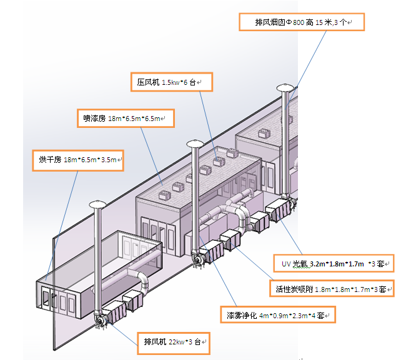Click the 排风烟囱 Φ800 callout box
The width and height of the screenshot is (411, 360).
302,22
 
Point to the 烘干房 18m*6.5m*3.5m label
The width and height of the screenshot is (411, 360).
78,160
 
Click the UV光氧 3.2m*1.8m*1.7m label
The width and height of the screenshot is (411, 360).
334,263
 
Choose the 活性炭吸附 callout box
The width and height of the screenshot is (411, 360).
332,288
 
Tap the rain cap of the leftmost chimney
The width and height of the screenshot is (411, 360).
97,204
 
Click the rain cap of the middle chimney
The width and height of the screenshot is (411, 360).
195,144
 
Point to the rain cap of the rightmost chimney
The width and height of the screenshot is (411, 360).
285,87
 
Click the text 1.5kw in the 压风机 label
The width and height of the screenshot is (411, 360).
171,82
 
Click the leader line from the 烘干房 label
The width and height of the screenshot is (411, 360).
62,226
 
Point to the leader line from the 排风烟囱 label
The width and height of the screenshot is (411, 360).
305,70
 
